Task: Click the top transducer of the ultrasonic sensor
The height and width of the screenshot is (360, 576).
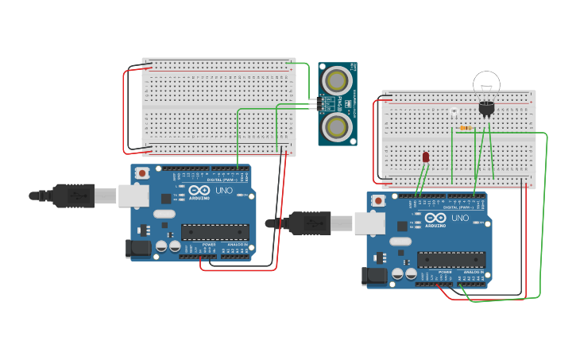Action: click(x=337, y=80)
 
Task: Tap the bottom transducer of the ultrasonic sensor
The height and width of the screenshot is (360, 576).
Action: click(x=337, y=126)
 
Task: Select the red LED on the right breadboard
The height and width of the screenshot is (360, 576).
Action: click(x=426, y=157)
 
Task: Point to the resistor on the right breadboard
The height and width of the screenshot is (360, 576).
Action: click(x=465, y=127)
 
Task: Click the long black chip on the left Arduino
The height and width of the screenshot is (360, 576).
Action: click(x=215, y=231)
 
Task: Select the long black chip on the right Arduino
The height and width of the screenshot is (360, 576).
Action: click(x=451, y=259)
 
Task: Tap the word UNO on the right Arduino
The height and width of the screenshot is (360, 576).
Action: click(x=460, y=218)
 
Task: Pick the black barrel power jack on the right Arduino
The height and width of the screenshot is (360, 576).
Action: click(x=374, y=277)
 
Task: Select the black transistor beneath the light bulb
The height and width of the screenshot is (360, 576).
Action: click(x=486, y=107)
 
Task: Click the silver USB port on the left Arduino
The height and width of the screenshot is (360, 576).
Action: click(x=133, y=195)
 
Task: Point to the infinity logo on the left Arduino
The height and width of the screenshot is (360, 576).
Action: click(x=199, y=192)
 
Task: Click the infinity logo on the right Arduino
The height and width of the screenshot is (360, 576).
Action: click(x=435, y=218)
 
